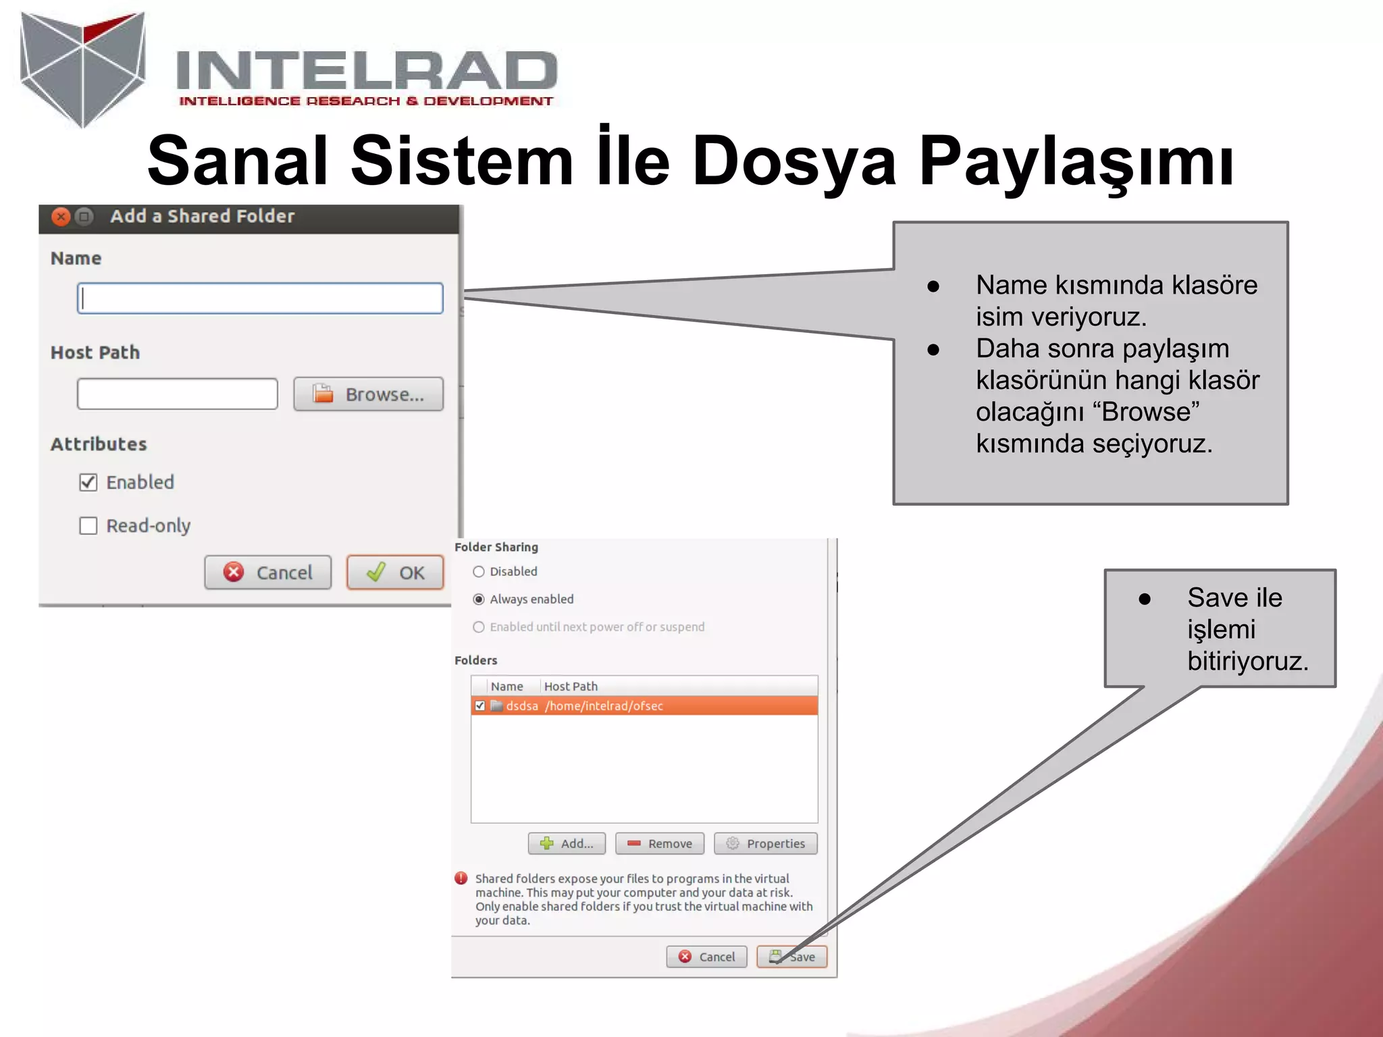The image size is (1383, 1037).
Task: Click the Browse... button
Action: tap(368, 394)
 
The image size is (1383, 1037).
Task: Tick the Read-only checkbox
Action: tap(88, 526)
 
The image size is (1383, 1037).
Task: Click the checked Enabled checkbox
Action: tap(88, 482)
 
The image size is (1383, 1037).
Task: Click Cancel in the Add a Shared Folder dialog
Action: tap(268, 573)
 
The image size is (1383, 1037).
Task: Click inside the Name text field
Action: tap(260, 298)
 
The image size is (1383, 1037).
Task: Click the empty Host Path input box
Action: tap(177, 394)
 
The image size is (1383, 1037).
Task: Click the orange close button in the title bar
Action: tap(61, 217)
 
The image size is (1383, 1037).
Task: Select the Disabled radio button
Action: tap(479, 572)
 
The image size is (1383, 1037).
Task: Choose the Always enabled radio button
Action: tap(479, 600)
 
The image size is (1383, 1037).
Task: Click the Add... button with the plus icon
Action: tap(567, 843)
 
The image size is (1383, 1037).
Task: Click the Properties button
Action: tap(765, 843)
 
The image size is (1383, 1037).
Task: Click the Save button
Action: tap(792, 957)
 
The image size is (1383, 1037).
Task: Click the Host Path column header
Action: tap(571, 687)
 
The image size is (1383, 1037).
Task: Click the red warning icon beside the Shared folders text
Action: tap(461, 878)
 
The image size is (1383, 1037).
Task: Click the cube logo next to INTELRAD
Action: tap(83, 68)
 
